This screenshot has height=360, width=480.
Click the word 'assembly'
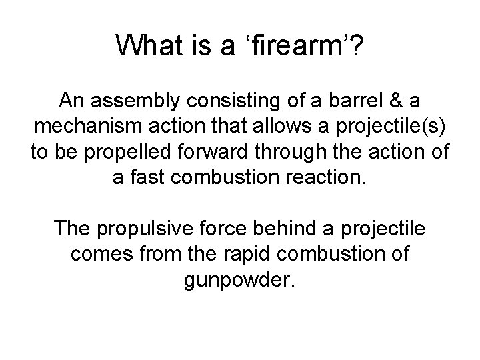(x=135, y=101)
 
